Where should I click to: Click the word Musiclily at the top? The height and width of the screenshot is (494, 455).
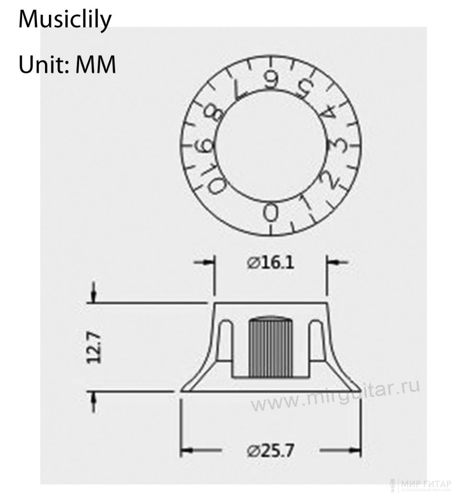[65, 20]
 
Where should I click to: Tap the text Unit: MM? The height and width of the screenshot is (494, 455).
[67, 65]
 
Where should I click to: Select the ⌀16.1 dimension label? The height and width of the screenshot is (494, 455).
[270, 263]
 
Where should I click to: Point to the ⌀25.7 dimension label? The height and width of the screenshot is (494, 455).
[270, 450]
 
